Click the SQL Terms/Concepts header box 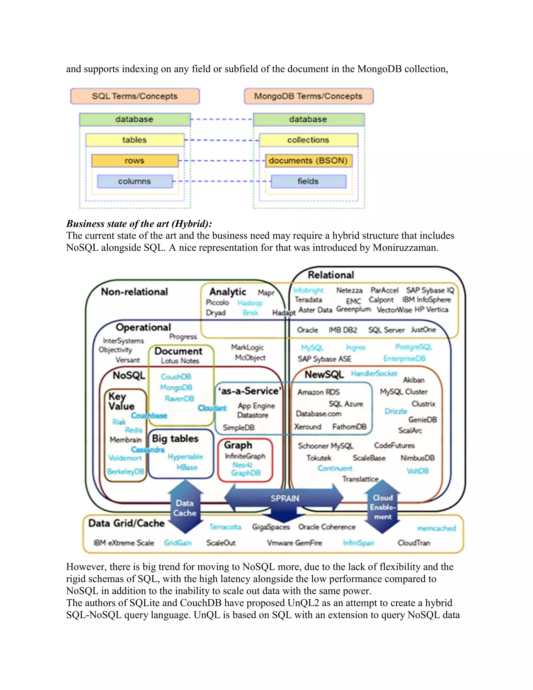coord(135,96)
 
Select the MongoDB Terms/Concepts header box coord(308,96)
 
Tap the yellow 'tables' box coord(135,140)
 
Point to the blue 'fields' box coord(308,181)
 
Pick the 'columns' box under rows coord(135,181)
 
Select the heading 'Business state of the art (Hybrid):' coord(139,224)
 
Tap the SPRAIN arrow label coord(284,498)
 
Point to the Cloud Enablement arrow coord(382,507)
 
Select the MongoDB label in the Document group coord(176,387)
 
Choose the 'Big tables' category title coord(175,438)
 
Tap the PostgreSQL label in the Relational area coord(414,347)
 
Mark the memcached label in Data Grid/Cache coord(436,528)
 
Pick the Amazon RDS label coord(318,392)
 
